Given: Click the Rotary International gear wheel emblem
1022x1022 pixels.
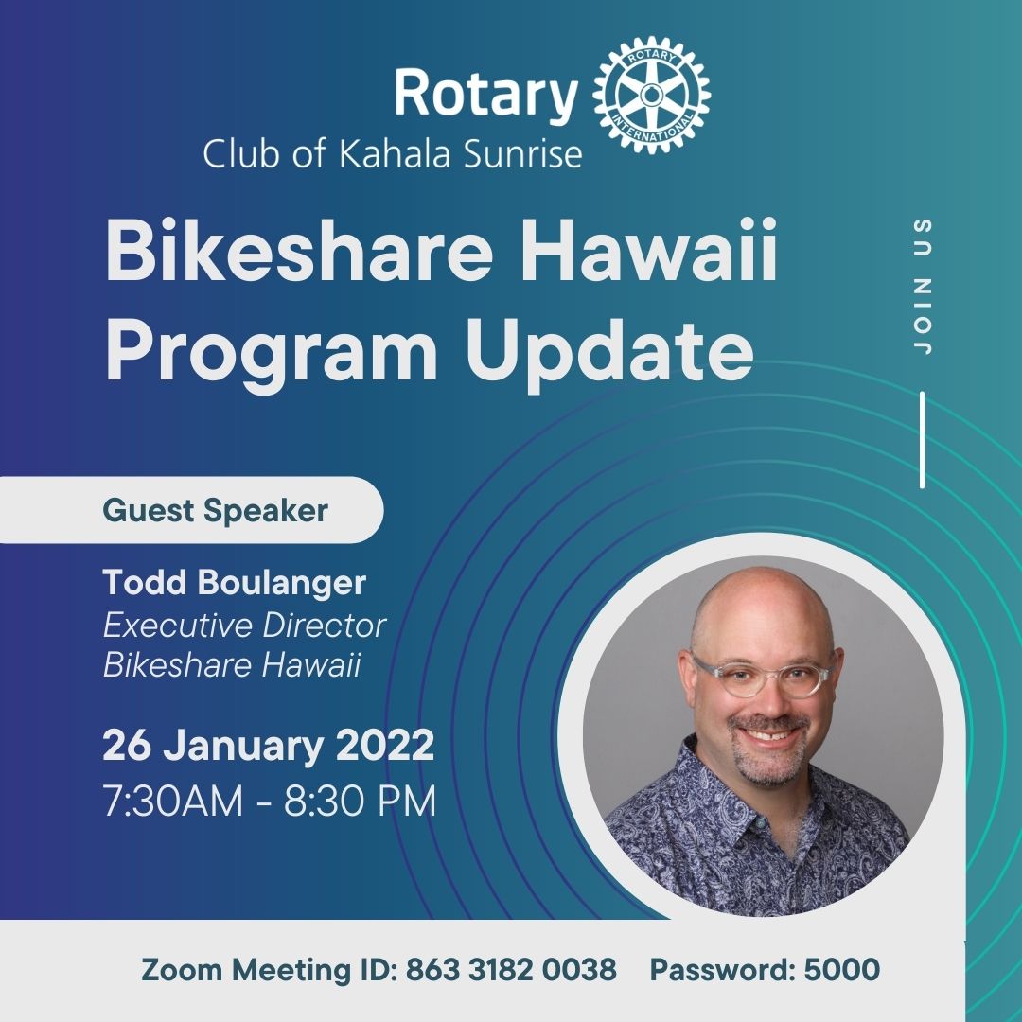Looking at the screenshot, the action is pyautogui.click(x=651, y=96).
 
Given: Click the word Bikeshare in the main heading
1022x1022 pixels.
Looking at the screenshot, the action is pyautogui.click(x=298, y=250).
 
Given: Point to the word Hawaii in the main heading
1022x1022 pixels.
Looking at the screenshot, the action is pyautogui.click(x=648, y=250).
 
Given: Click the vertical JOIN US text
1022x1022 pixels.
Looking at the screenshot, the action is pyautogui.click(x=923, y=286).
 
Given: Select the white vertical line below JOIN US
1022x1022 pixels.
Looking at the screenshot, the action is pyautogui.click(x=923, y=439).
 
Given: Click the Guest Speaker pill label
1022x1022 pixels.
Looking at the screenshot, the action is pyautogui.click(x=191, y=510).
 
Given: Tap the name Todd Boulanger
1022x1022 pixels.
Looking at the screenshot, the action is pyautogui.click(x=234, y=582).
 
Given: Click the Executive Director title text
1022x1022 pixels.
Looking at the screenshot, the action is pyautogui.click(x=244, y=626).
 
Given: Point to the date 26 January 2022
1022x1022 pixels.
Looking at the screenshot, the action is pyautogui.click(x=268, y=745).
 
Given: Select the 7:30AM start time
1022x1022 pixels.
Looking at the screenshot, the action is pyautogui.click(x=173, y=801).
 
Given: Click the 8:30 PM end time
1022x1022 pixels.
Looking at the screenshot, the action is pyautogui.click(x=360, y=801).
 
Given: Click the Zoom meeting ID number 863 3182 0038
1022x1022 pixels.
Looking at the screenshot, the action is pyautogui.click(x=511, y=969).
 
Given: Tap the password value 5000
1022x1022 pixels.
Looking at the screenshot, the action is pyautogui.click(x=841, y=969).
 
